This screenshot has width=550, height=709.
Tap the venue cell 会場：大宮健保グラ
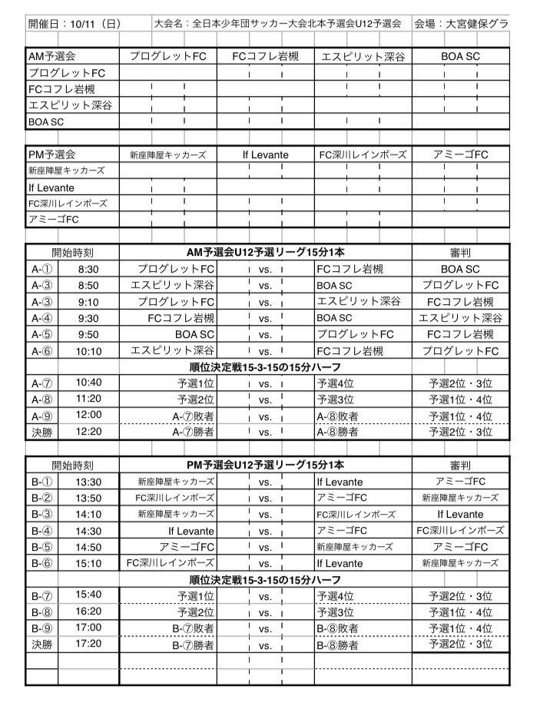pos(461,24)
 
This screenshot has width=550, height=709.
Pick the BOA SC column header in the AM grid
pos(461,57)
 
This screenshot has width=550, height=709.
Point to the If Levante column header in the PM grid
pos(266,154)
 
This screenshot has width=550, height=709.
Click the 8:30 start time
pos(89,269)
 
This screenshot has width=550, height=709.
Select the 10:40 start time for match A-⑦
pos(89,382)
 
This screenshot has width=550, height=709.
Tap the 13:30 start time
pos(89,482)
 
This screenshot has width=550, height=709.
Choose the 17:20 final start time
pos(89,644)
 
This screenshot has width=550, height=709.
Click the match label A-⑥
pos(41,351)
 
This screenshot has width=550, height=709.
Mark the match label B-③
pos(41,514)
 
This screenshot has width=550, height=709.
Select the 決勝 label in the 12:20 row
pos(41,432)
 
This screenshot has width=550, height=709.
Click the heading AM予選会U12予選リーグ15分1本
pos(266,252)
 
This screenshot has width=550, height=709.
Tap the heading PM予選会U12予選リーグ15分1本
pos(266,465)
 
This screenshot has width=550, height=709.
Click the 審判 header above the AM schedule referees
pos(461,252)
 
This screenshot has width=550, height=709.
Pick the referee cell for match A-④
pos(461,318)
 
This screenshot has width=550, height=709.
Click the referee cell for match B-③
pos(461,514)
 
